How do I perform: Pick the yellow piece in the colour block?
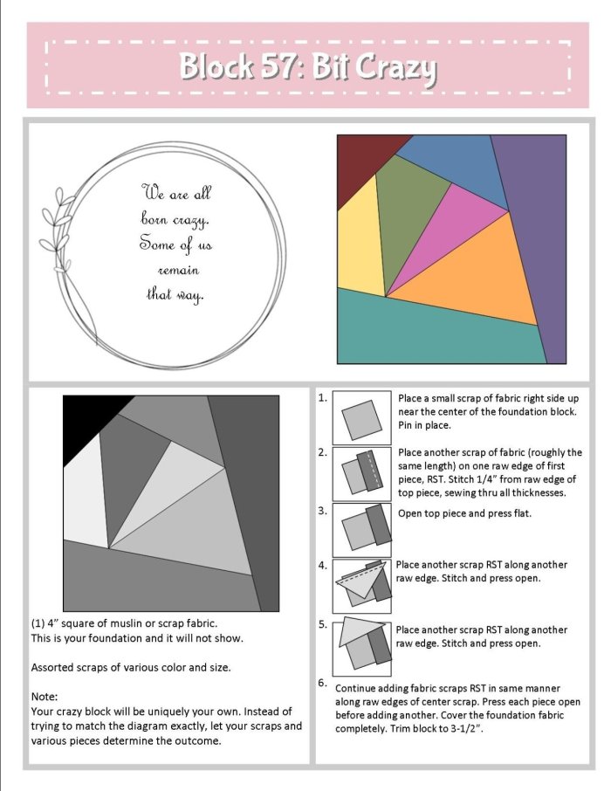[360, 242]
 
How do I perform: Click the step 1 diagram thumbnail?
[361, 417]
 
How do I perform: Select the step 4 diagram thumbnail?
[361, 586]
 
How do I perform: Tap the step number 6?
[322, 683]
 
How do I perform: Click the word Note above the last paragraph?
[45, 697]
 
